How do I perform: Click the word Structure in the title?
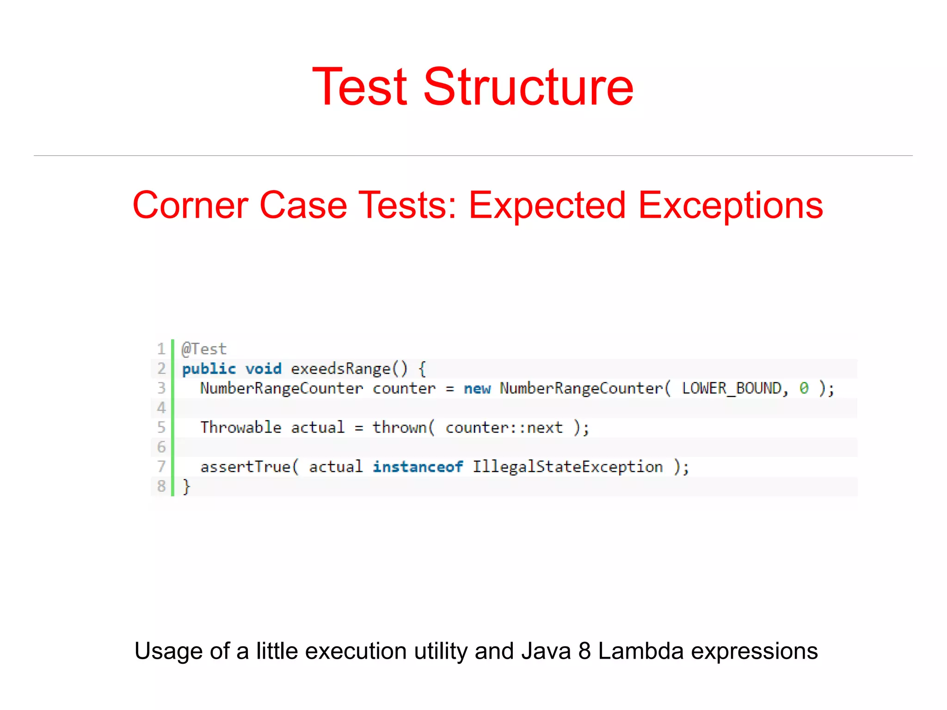pos(528,87)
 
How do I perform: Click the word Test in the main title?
pos(360,87)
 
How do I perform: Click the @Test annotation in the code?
pos(204,349)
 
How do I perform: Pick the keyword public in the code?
pos(209,369)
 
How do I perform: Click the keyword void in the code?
pos(263,369)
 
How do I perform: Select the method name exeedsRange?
pos(341,369)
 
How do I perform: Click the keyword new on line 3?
pos(477,389)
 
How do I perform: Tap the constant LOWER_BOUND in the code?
pos(732,389)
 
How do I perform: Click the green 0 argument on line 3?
pos(804,389)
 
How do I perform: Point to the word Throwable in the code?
pos(241,427)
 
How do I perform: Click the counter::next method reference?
pos(504,427)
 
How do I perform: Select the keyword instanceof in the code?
pos(418,467)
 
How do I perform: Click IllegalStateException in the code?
pos(568,467)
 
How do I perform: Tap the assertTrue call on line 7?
pos(246,467)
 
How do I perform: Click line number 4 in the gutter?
pos(161,407)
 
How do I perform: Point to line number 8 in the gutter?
pos(161,486)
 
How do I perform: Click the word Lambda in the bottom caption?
pos(641,651)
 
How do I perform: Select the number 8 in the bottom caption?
pos(584,651)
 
